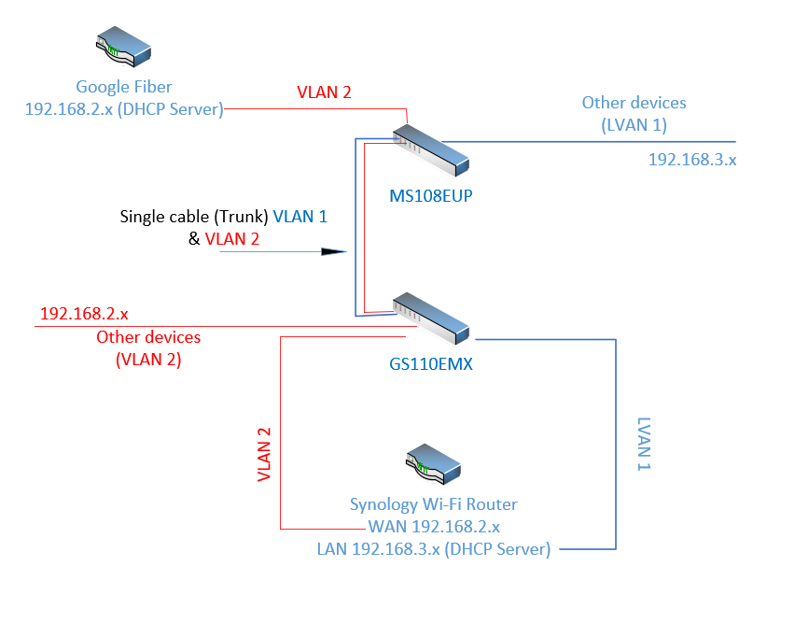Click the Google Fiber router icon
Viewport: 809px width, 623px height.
coord(124,47)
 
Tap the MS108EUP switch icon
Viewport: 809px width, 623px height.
coord(429,149)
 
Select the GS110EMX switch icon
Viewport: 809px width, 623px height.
coord(430,318)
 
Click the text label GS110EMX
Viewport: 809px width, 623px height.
coord(431,364)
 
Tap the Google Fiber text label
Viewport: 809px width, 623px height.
coord(124,88)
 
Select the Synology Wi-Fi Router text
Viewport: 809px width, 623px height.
coord(433,504)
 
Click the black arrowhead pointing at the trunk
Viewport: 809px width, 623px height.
coord(333,251)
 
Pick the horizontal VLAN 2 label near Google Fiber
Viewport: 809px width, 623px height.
coord(324,92)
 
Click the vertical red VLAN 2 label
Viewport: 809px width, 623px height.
coord(264,455)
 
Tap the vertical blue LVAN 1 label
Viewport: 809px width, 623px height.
coord(643,444)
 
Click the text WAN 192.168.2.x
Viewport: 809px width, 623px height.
coord(434,526)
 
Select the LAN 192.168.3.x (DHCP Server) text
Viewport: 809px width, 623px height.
coord(433,548)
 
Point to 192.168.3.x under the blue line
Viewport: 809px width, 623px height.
coord(692,160)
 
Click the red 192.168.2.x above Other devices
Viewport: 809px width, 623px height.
coord(84,313)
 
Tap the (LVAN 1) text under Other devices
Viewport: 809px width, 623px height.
coord(635,124)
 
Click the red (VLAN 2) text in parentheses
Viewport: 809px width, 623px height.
coord(148,359)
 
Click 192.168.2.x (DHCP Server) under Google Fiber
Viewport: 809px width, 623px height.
coord(124,109)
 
